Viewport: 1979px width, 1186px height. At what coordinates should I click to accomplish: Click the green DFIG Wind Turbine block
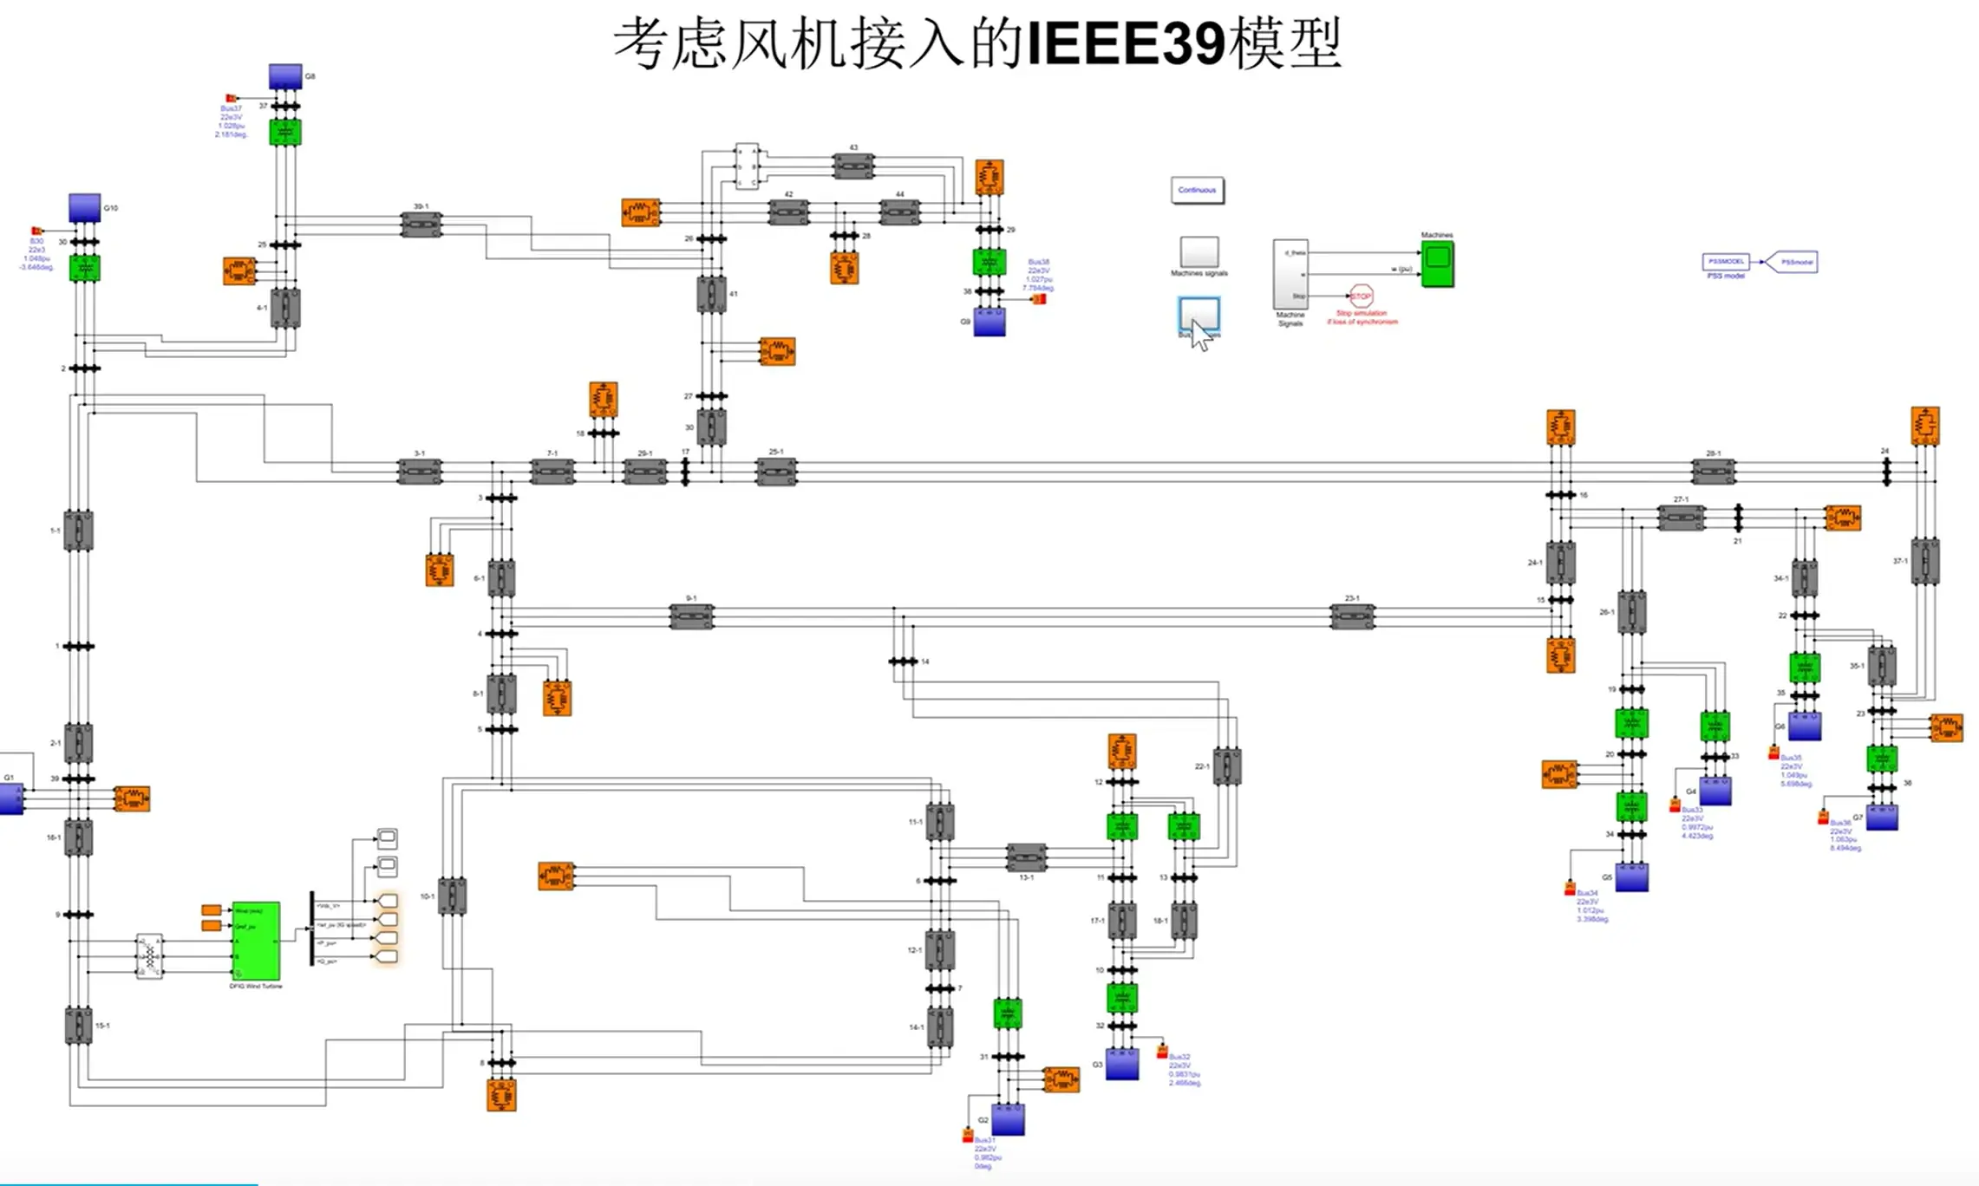click(x=256, y=941)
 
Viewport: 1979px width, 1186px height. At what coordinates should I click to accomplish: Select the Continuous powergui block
click(x=1197, y=190)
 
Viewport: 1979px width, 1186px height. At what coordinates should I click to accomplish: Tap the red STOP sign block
click(x=1362, y=296)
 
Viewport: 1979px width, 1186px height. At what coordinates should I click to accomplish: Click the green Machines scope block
click(x=1437, y=264)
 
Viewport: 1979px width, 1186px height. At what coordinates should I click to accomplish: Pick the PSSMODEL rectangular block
click(x=1726, y=262)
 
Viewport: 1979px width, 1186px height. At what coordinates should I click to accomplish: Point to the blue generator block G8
click(x=284, y=76)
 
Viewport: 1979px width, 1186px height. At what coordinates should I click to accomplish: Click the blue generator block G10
click(x=85, y=208)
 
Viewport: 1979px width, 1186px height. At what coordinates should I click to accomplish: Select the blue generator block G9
click(x=990, y=322)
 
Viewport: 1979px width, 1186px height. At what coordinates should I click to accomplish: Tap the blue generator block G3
click(x=1121, y=1064)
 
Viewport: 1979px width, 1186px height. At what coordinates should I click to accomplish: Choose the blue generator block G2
click(x=1008, y=1119)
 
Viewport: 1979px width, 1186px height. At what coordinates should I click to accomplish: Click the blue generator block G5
click(x=1631, y=877)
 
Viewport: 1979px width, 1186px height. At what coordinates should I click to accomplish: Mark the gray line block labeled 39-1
click(x=421, y=225)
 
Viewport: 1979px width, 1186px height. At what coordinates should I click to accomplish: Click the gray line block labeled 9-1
click(x=691, y=616)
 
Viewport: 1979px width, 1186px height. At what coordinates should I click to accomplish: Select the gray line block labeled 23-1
click(x=1352, y=616)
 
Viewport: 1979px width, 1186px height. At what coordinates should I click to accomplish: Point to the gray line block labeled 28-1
click(x=1713, y=471)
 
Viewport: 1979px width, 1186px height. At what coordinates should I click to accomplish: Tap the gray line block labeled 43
click(x=853, y=165)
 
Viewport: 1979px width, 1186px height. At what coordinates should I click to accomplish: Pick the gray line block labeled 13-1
click(x=1026, y=857)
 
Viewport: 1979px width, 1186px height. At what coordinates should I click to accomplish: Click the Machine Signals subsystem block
click(x=1290, y=274)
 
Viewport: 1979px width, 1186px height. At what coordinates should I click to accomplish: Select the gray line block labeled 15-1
click(x=78, y=1026)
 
